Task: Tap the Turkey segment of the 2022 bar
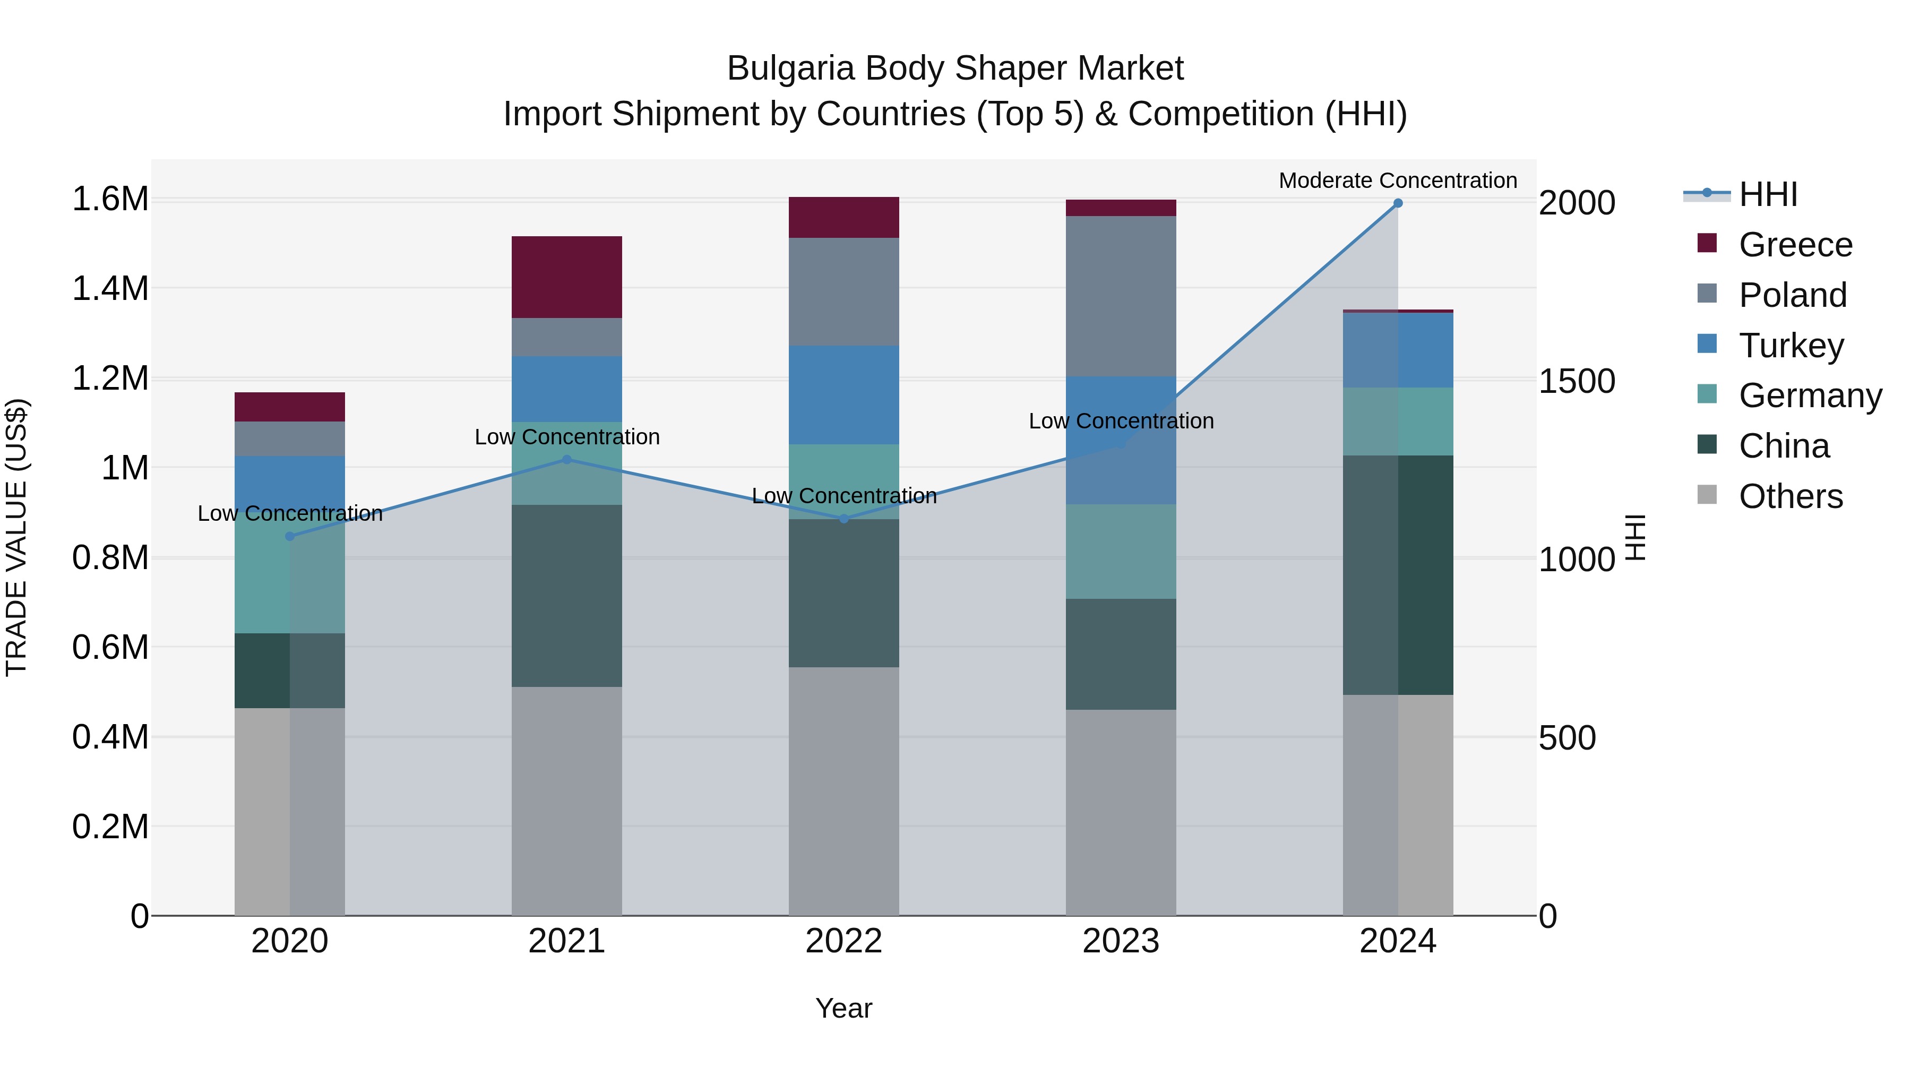pos(843,394)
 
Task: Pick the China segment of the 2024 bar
pos(1398,575)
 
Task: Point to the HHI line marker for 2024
pos(1398,203)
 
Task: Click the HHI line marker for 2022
pos(843,519)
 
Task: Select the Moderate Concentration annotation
pos(1398,180)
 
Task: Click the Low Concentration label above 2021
pos(567,437)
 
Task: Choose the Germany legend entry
pos(1810,395)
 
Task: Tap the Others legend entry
pos(1790,496)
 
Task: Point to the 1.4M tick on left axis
pos(110,289)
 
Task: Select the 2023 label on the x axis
pos(1121,941)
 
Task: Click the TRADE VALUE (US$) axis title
pos(16,537)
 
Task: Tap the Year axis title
pos(843,1008)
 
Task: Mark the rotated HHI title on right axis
pos(1635,537)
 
